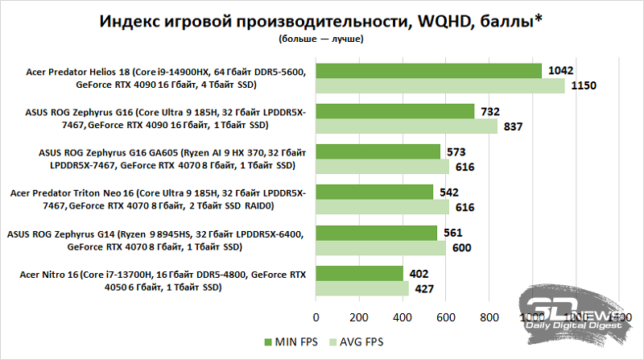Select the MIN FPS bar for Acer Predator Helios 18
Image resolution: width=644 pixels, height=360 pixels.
click(428, 71)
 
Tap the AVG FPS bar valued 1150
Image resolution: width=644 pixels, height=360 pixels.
click(440, 85)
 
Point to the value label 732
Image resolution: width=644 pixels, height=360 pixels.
click(490, 111)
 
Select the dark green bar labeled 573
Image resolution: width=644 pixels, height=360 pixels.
click(378, 151)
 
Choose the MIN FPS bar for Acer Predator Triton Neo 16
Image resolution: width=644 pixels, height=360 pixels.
click(374, 192)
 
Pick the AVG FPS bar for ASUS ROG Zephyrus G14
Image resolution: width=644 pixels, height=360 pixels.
click(381, 247)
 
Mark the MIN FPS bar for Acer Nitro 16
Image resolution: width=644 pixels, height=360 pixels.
click(359, 273)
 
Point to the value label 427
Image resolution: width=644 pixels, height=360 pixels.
click(423, 288)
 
